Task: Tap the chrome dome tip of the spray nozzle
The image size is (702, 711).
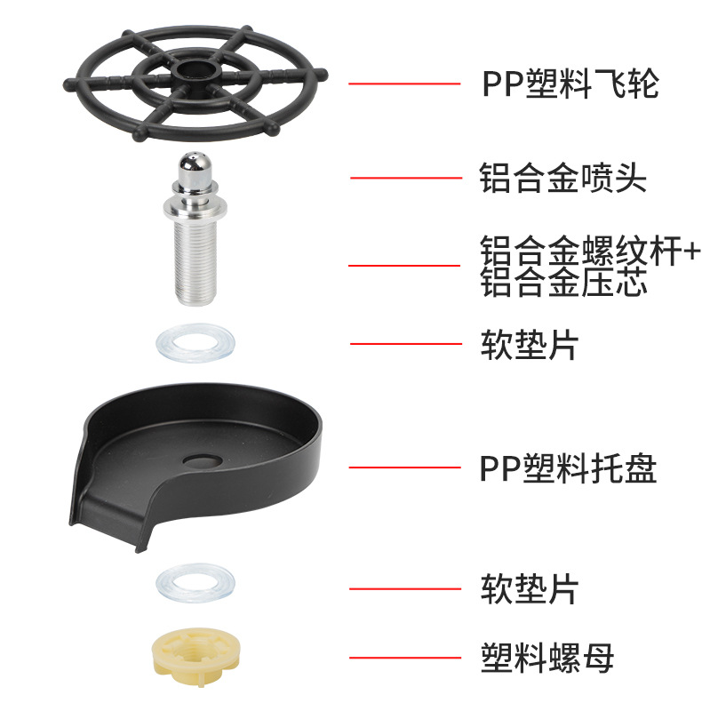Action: pos(194,168)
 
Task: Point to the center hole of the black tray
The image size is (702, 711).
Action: pos(202,460)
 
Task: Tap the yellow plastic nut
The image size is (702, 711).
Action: pos(195,656)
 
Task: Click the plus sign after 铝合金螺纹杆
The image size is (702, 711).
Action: pos(689,252)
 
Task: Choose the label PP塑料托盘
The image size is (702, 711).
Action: pos(569,467)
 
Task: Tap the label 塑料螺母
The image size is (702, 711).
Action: pos(546,658)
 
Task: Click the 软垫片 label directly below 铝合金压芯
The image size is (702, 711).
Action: pos(530,344)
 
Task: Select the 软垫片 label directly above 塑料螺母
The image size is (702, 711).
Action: pos(530,588)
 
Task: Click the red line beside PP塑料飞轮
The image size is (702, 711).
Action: pos(404,84)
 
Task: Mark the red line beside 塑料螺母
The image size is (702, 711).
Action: pos(404,658)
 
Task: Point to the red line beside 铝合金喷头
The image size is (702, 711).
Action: pos(404,178)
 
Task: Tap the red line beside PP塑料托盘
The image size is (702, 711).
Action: pos(404,467)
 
